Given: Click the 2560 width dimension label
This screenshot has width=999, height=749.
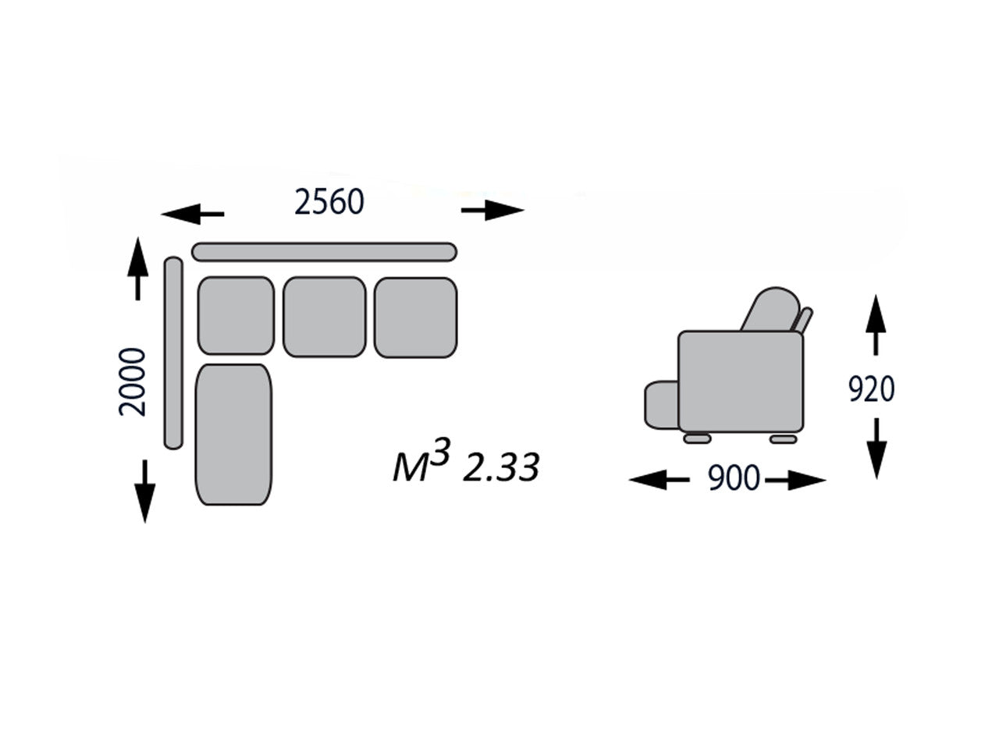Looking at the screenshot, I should tap(329, 202).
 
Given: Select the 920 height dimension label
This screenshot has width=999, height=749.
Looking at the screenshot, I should tap(871, 388).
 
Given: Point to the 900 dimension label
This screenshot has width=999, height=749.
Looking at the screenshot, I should tap(733, 478).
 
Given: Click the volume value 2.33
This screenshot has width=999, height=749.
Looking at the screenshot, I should tap(501, 468).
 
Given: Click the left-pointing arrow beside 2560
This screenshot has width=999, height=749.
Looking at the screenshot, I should tap(192, 212).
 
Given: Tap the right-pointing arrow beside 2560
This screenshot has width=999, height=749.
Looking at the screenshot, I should tap(492, 210).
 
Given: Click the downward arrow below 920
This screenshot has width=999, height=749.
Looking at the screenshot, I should tap(877, 448).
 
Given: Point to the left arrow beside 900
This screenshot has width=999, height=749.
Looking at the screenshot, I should tap(659, 480).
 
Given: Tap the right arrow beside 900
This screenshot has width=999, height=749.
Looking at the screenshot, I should tap(796, 480).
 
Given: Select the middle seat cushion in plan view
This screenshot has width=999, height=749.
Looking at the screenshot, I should tap(324, 317).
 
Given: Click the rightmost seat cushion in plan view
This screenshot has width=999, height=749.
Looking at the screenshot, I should tap(415, 317).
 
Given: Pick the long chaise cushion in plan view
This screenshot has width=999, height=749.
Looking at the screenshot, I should tap(234, 434).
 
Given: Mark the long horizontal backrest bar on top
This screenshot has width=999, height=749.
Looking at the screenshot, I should tap(324, 251).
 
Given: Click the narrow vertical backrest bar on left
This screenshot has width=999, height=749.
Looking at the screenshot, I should tap(173, 353).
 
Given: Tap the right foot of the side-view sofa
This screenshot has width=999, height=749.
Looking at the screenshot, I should tap(783, 439).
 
